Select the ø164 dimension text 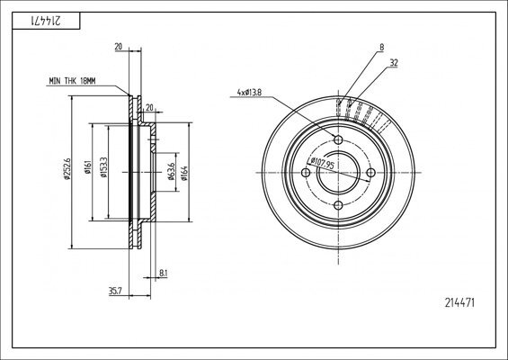[184, 171]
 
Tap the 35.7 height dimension [115, 291]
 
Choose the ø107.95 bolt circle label [321, 166]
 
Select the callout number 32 [394, 63]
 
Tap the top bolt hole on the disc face [338, 140]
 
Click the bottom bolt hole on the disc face [338, 206]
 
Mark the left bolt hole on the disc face [306, 174]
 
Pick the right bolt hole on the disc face [370, 174]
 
